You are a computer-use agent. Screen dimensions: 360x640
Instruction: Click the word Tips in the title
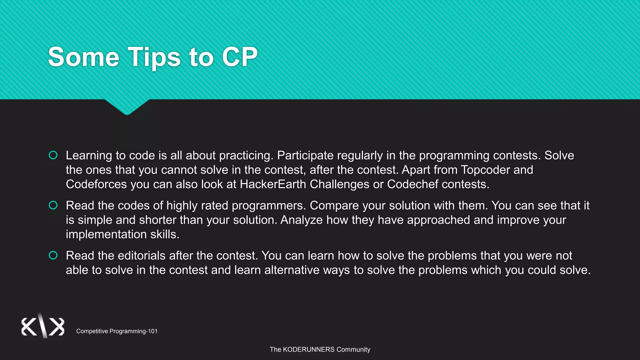(154, 57)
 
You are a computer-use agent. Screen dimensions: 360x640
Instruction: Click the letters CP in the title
(240, 57)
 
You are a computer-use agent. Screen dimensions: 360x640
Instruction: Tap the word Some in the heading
(83, 57)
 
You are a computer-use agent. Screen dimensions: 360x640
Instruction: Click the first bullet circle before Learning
(53, 155)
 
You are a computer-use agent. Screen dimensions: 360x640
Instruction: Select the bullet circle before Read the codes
(53, 205)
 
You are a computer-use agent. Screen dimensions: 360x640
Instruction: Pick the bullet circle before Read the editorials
(53, 255)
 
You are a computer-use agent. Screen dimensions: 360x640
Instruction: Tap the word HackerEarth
(273, 184)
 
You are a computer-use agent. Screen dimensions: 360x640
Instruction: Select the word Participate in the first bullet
(305, 156)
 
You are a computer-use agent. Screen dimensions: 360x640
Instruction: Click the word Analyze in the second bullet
(301, 220)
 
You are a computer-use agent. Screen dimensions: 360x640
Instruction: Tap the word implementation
(106, 234)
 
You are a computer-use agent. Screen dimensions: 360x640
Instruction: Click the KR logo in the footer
(43, 326)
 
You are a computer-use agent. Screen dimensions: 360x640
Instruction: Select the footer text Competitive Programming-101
(117, 331)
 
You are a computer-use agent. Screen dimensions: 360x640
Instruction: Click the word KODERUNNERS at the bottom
(308, 349)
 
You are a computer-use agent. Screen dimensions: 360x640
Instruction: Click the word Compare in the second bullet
(331, 206)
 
